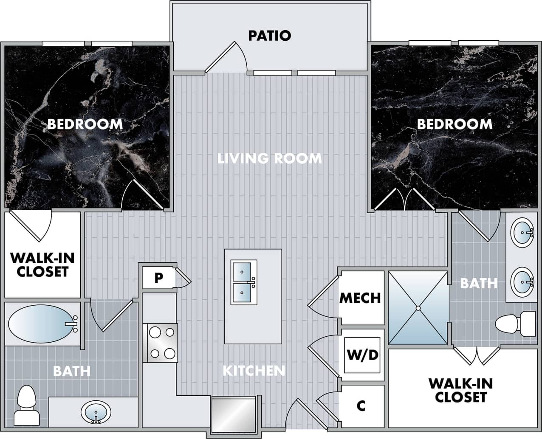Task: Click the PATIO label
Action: [269, 35]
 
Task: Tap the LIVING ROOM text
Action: [270, 158]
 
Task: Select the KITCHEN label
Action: [254, 371]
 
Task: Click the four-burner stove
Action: [160, 343]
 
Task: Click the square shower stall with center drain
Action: [418, 307]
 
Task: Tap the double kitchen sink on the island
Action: [244, 282]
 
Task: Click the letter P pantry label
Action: [158, 278]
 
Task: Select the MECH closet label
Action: [360, 298]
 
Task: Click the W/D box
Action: [362, 355]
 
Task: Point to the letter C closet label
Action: [361, 406]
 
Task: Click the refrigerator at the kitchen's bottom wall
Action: [234, 414]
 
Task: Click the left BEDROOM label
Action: [85, 124]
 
